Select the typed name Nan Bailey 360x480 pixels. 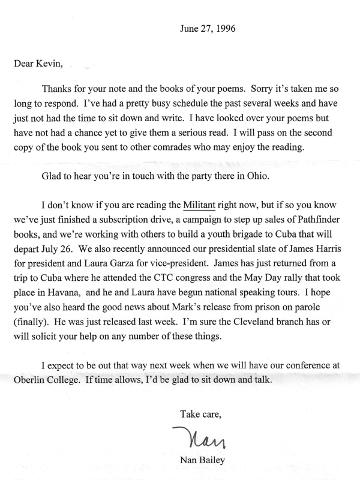pos(205,460)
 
